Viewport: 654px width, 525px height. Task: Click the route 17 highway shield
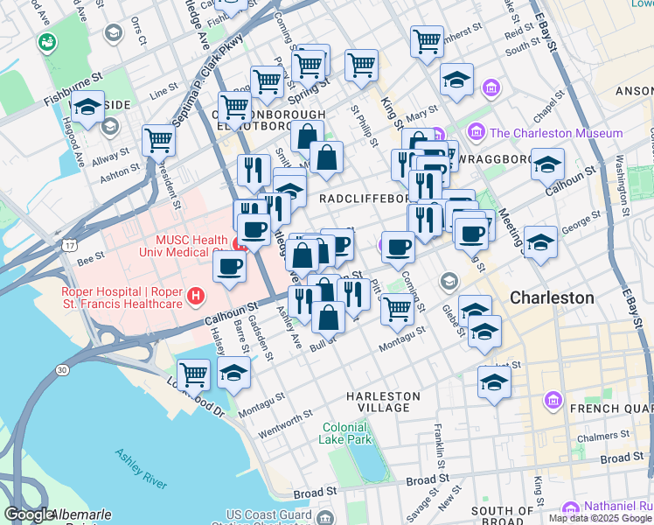[x=68, y=247]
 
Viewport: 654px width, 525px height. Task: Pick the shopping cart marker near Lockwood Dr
[x=193, y=373]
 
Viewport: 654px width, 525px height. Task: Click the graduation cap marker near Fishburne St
[x=87, y=108]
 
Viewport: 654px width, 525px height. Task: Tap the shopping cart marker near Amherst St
[x=427, y=39]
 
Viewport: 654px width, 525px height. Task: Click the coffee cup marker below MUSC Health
[x=230, y=266]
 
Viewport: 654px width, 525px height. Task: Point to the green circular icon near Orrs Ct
[x=46, y=41]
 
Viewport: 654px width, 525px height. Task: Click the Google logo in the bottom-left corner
[x=29, y=514]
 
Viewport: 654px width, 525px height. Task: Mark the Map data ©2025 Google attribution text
[x=600, y=518]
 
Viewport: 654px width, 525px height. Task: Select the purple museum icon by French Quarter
[x=553, y=401]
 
